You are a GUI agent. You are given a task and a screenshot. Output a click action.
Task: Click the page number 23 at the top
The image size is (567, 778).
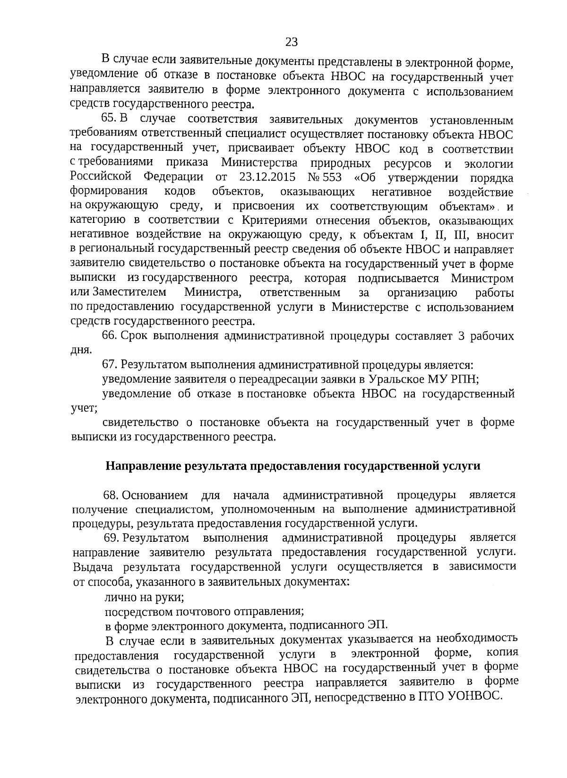(x=292, y=43)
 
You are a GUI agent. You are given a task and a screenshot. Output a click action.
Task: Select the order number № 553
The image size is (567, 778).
(x=322, y=177)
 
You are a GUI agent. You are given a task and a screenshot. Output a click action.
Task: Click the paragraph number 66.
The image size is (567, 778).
(x=110, y=336)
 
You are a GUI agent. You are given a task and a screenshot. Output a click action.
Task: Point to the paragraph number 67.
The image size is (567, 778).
(x=110, y=365)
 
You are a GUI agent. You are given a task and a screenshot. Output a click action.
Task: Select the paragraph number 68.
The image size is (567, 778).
(x=111, y=496)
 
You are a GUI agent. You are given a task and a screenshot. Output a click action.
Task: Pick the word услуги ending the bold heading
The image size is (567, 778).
(x=461, y=466)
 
